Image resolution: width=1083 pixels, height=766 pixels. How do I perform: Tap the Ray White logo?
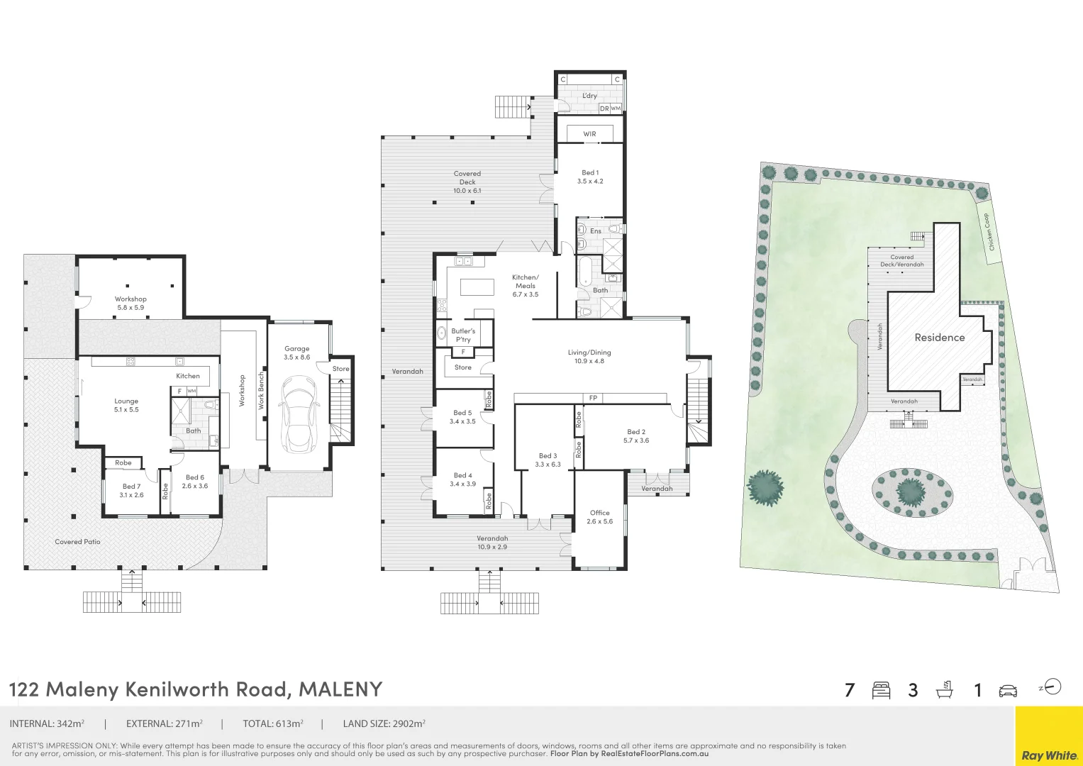tap(1049, 755)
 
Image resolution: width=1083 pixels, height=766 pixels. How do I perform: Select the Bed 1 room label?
tap(590, 177)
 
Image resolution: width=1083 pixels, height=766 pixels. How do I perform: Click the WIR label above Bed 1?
tap(589, 134)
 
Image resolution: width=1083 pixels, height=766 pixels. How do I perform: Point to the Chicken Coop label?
tap(989, 232)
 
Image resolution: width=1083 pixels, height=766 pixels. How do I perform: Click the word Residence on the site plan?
tap(939, 338)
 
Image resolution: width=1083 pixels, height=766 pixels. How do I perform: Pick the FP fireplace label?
tap(593, 398)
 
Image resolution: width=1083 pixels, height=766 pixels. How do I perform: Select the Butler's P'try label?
tap(463, 335)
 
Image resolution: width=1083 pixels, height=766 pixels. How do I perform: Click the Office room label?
tap(599, 516)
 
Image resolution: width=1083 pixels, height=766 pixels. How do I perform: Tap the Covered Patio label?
tap(77, 542)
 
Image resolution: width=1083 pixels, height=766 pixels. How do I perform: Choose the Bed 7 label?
tap(131, 491)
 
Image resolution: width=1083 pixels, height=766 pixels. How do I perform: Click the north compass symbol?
tap(1053, 687)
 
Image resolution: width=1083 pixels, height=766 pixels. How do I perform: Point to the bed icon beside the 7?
tap(881, 690)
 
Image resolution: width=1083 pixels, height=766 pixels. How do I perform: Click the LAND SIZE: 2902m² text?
tap(384, 724)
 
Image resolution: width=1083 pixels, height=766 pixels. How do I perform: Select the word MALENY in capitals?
tap(340, 689)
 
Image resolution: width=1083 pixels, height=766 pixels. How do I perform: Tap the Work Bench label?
tap(260, 390)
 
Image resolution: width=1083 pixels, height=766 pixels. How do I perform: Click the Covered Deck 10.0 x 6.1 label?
tap(467, 182)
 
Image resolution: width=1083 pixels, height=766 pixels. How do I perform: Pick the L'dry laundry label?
tap(589, 96)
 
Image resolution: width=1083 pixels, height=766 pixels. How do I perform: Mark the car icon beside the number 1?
tap(1007, 691)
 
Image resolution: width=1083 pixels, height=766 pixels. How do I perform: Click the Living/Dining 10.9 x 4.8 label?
tap(589, 357)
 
